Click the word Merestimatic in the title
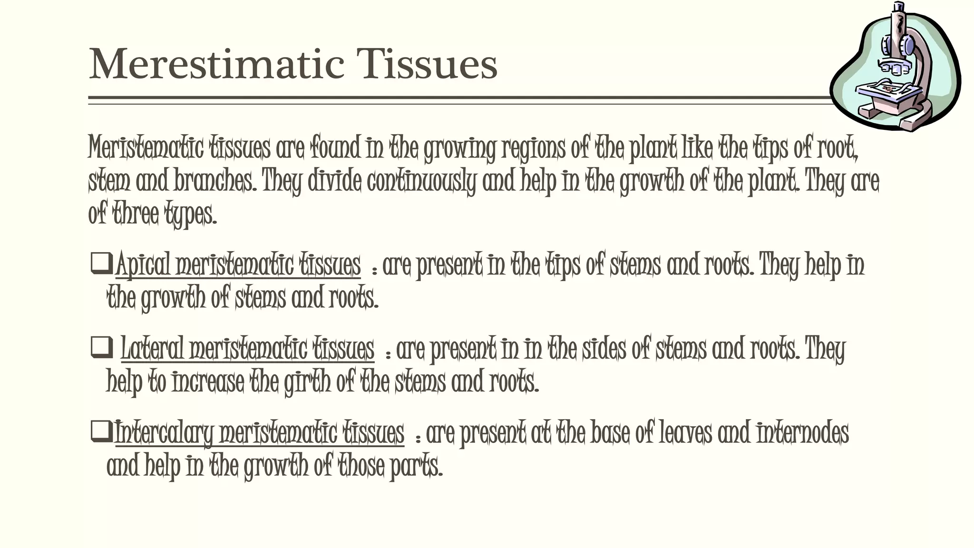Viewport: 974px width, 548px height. tap(216, 64)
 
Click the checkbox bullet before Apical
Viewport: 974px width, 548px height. tap(101, 264)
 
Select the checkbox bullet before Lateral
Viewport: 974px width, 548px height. tap(101, 348)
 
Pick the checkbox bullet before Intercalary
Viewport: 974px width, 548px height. tap(101, 431)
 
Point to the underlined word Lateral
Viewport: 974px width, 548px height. tap(152, 349)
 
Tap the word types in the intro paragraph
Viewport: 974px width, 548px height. tap(190, 215)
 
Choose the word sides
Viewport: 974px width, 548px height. tap(595, 349)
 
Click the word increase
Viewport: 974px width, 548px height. tap(207, 382)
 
